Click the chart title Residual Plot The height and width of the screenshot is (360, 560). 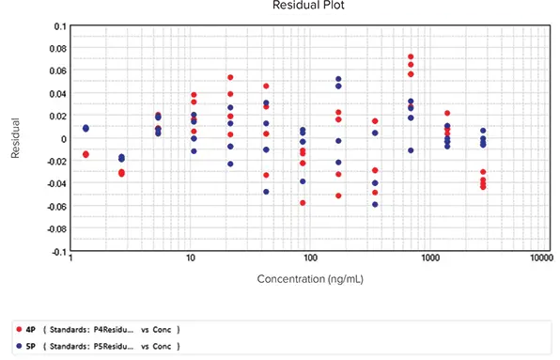pos(302,6)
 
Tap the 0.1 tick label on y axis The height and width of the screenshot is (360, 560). pos(60,26)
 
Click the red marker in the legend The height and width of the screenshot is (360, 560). pos(19,329)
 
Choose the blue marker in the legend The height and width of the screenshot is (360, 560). pos(19,346)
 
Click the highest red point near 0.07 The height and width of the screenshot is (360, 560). pos(411,57)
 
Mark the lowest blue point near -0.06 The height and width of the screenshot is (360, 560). pos(375,204)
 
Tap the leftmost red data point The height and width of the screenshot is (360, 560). pos(86,154)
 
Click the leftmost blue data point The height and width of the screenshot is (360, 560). pos(86,128)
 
